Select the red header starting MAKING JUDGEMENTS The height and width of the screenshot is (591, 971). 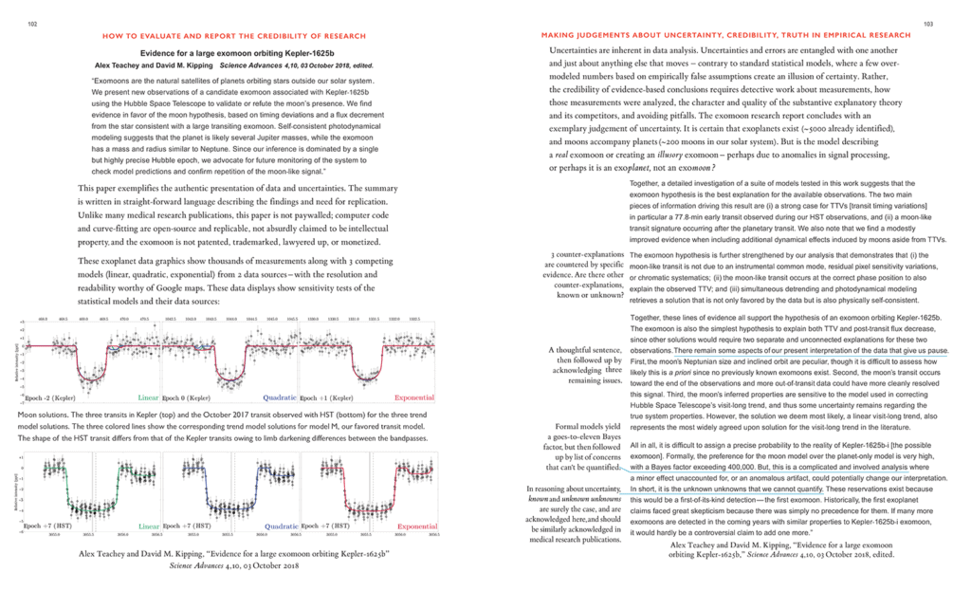click(705, 36)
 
